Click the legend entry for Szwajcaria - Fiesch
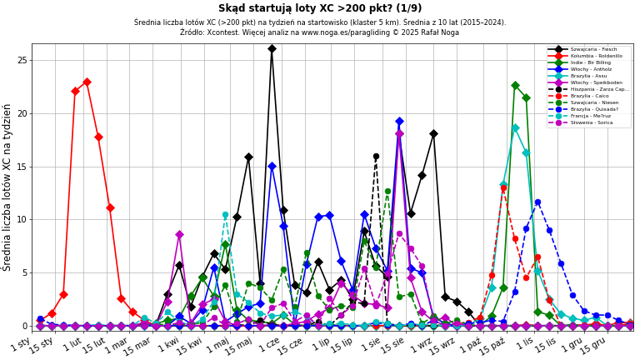[x=593, y=49]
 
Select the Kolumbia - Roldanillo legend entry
[x=594, y=56]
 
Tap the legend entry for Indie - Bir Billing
[x=592, y=62]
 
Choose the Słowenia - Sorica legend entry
[x=592, y=122]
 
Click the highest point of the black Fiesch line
[x=272, y=49]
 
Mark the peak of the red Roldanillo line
[x=87, y=82]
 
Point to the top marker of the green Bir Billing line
[x=515, y=85]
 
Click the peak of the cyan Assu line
[x=515, y=128]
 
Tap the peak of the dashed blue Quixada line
[x=537, y=202]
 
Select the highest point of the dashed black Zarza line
[x=376, y=156]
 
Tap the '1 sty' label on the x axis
[x=22, y=343]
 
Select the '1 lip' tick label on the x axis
[x=321, y=343]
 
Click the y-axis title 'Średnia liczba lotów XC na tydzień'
[x=7, y=187]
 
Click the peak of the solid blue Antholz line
[x=399, y=122]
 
